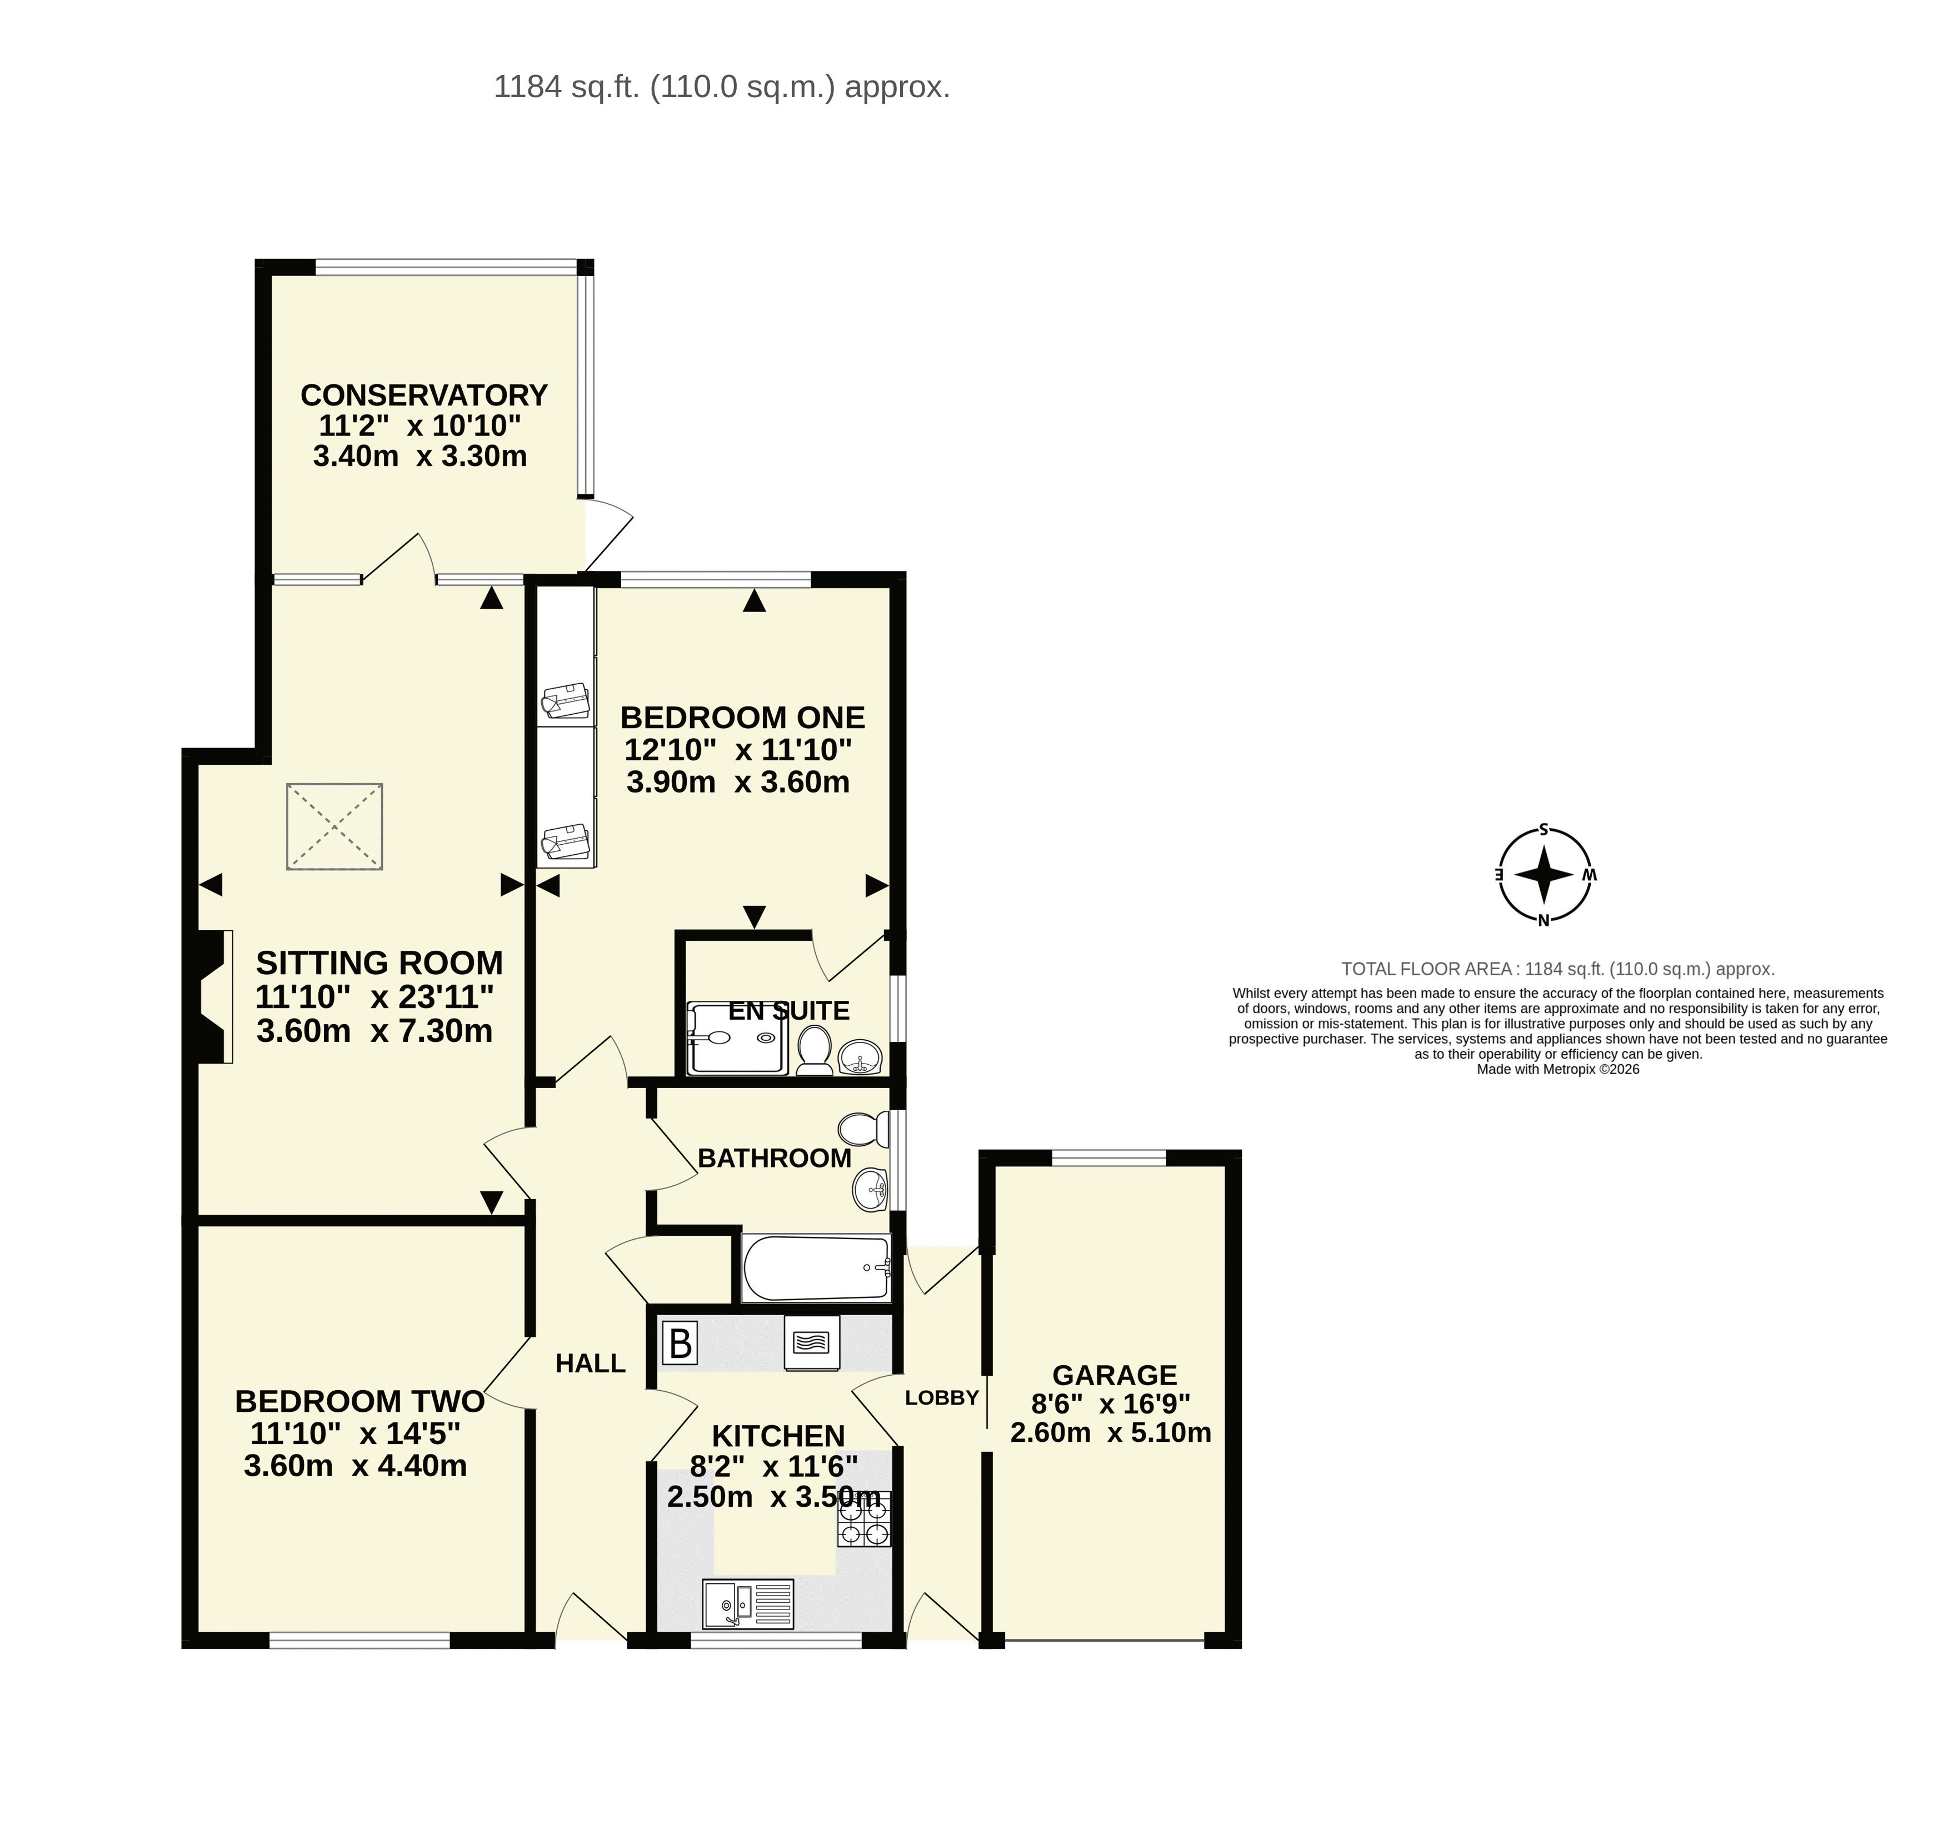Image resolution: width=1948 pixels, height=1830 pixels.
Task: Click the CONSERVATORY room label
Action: tap(423, 395)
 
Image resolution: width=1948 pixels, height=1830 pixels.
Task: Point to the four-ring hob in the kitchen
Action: tap(864, 1520)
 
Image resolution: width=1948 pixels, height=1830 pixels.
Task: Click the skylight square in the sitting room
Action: tap(334, 826)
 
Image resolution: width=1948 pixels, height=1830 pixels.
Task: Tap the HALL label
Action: tap(590, 1363)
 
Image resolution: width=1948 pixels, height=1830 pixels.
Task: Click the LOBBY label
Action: tap(942, 1398)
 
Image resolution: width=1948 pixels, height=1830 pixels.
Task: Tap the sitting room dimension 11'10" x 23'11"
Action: tap(374, 997)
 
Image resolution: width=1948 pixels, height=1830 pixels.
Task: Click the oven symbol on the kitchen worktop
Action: tap(812, 1342)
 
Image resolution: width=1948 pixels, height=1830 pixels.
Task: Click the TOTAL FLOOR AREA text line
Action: tap(1558, 969)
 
